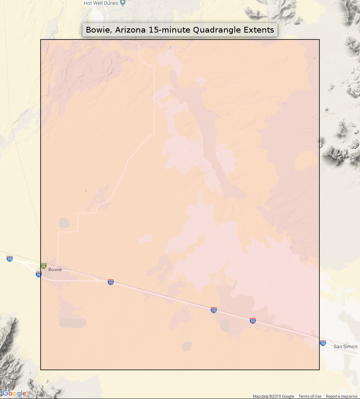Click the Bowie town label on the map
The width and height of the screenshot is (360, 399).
55,269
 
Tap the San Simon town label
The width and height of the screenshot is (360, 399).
345,346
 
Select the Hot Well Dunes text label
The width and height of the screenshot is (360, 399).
101,3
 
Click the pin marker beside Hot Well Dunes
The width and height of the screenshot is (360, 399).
123,3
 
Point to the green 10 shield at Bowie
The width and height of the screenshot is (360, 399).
44,266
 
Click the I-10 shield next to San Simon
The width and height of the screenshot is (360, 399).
323,343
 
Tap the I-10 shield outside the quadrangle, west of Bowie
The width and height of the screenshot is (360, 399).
10,259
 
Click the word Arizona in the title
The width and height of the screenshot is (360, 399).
128,30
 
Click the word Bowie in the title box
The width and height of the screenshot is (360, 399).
97,30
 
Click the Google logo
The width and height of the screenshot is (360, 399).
14,393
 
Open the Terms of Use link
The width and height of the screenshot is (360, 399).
310,396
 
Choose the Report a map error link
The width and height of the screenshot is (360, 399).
342,396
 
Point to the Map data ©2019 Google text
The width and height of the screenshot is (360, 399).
273,396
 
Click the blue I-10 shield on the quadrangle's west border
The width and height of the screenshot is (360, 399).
39,274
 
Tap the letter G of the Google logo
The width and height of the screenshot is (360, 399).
5,393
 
